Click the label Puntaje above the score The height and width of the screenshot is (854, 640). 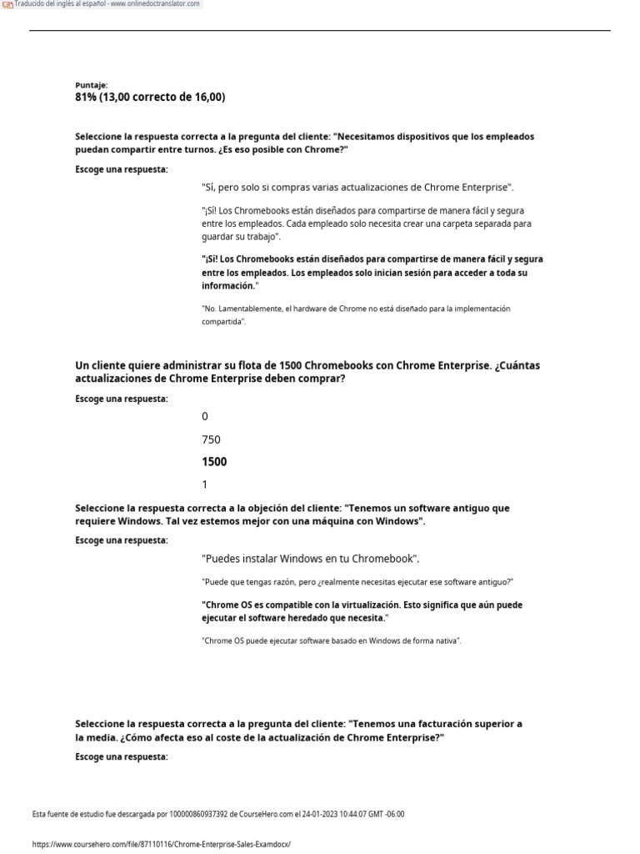[x=87, y=85]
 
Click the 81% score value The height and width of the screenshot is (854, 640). [x=86, y=98]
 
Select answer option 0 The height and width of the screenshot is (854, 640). [x=205, y=416]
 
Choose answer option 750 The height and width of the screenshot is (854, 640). [x=211, y=439]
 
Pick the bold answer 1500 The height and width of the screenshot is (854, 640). [x=214, y=461]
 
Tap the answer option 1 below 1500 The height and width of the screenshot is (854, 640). [x=205, y=485]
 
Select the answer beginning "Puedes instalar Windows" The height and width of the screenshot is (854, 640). [x=310, y=558]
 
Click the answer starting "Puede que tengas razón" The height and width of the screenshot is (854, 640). [x=357, y=580]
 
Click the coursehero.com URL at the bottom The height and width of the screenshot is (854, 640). [x=161, y=844]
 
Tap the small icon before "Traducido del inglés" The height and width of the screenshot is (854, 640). [x=8, y=5]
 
